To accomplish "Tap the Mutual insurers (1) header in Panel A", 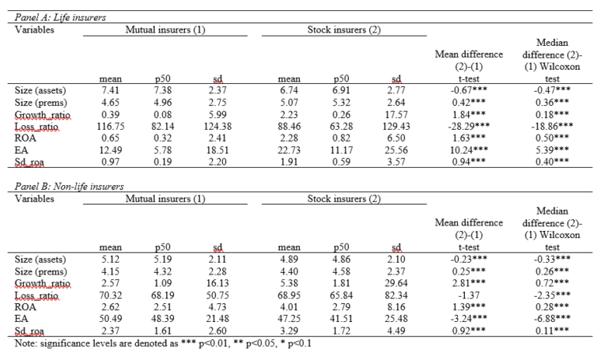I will (165, 28).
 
